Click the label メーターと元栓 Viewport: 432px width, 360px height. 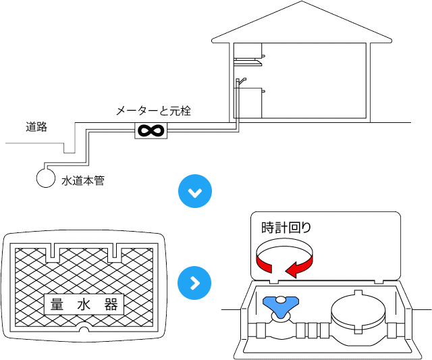click(x=153, y=111)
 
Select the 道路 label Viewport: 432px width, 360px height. click(x=37, y=126)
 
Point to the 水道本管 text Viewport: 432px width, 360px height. click(x=83, y=180)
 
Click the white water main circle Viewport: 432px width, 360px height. click(x=45, y=178)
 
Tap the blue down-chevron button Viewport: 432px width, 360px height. click(x=194, y=193)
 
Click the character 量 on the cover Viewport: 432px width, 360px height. click(x=57, y=304)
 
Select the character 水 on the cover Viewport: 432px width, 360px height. click(x=84, y=304)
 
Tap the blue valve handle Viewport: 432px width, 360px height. click(x=278, y=307)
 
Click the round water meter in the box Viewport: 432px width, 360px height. click(x=358, y=314)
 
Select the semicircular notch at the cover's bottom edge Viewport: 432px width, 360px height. click(x=84, y=330)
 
